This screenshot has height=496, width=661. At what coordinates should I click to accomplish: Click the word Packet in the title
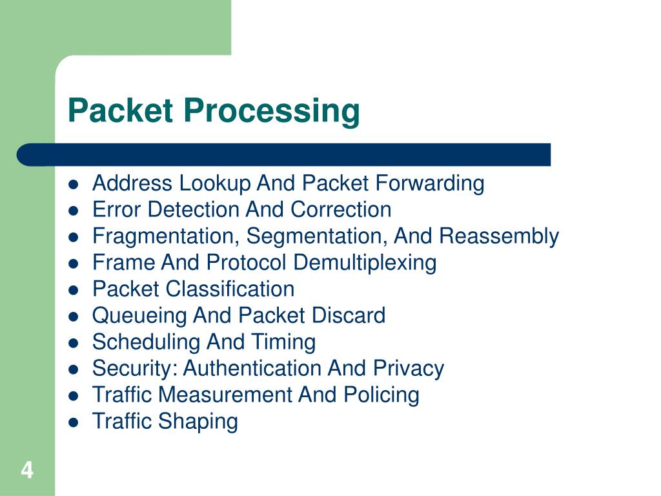[121, 111]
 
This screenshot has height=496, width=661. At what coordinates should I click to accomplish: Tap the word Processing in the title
[270, 111]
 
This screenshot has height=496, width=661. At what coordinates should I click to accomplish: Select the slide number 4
[26, 470]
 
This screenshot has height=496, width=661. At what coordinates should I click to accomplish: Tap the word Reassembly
[499, 236]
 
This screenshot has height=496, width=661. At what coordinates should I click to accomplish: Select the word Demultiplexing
[365, 263]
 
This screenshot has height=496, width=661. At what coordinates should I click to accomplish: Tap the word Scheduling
[147, 342]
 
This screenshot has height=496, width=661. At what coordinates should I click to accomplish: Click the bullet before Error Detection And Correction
[74, 211]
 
